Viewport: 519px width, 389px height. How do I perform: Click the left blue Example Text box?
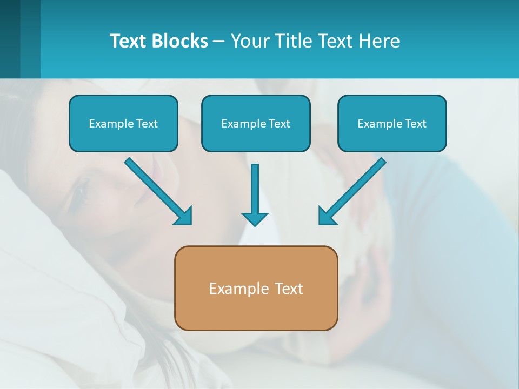coord(123,123)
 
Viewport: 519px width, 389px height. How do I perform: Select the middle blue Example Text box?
coord(256,123)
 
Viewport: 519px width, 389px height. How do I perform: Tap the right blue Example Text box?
coord(392,123)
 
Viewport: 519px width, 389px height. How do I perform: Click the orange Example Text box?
coord(256,288)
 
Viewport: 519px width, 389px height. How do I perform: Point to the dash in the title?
coord(219,41)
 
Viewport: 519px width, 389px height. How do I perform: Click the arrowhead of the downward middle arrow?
coord(255,219)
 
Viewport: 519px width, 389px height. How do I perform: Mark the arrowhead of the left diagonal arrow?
coord(184,216)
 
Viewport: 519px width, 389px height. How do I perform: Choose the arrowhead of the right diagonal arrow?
coord(326,216)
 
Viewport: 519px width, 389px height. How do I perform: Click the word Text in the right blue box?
coord(415,123)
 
